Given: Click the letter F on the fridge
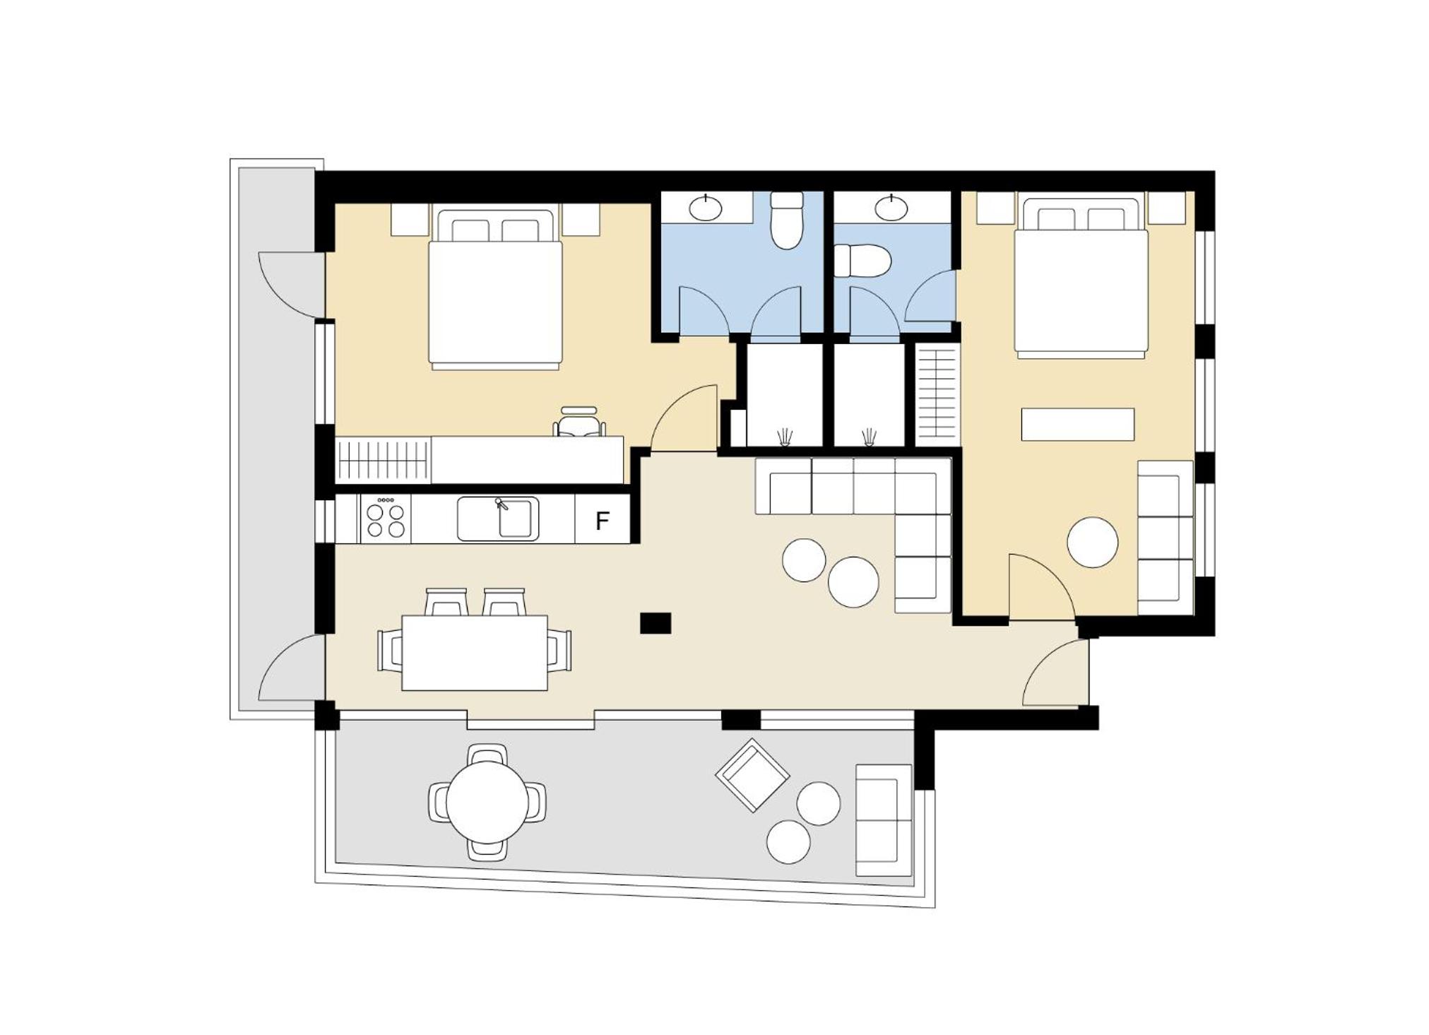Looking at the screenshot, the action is click(x=602, y=521).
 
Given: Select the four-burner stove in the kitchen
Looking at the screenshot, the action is click(x=386, y=519).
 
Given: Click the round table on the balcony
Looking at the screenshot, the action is click(x=487, y=803).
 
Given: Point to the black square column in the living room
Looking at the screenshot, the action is click(x=656, y=623).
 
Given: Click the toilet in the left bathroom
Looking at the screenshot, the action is click(x=787, y=220).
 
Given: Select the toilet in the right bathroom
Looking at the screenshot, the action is click(x=862, y=261).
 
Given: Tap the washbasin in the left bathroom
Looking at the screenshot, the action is click(x=706, y=208).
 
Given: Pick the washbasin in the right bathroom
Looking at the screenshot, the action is click(x=891, y=207).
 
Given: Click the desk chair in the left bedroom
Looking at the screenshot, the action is click(x=579, y=422).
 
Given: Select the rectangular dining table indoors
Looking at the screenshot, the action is click(x=475, y=653).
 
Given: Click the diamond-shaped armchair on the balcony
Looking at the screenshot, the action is click(x=752, y=775).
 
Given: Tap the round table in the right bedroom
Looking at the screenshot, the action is click(x=1092, y=542).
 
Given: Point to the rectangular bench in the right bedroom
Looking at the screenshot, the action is click(x=1078, y=425).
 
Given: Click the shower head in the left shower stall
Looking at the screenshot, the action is click(x=784, y=437).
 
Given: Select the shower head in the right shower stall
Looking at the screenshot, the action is click(x=869, y=437).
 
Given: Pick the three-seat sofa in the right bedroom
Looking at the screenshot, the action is click(x=1166, y=538).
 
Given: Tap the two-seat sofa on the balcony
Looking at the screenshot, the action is click(x=884, y=820).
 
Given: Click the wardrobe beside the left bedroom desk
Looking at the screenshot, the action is click(x=383, y=460).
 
